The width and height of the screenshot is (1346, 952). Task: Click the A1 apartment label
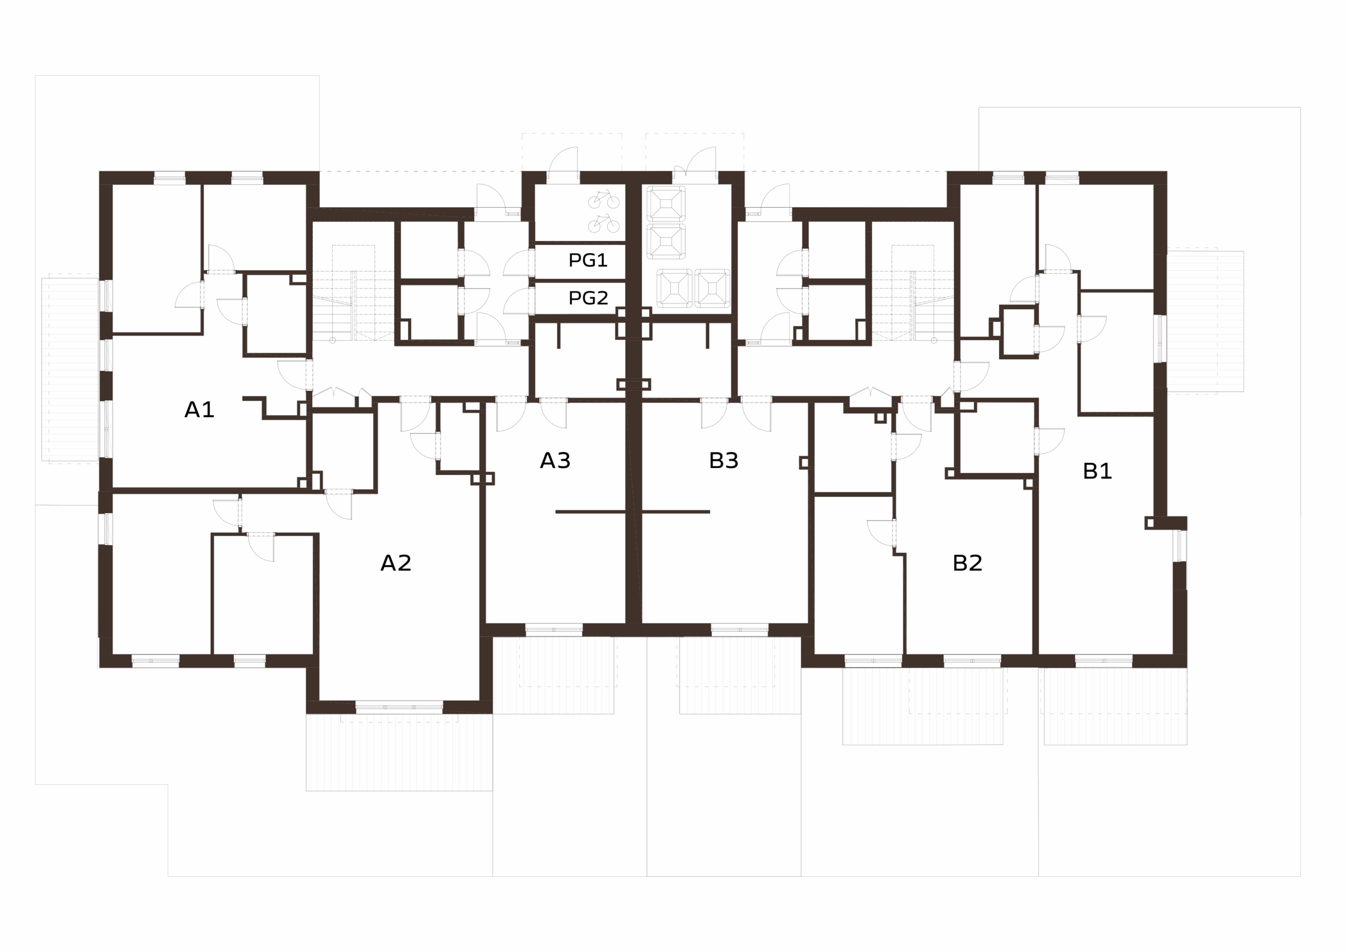tap(199, 409)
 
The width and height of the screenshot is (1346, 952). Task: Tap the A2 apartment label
tap(396, 563)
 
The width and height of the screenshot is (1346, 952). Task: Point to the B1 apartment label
tap(1097, 471)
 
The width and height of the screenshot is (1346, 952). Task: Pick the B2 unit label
tap(967, 563)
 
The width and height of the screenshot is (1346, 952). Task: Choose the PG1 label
tap(588, 260)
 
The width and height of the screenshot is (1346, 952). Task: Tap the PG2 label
tap(588, 298)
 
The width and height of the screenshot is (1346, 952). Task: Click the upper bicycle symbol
tap(604, 199)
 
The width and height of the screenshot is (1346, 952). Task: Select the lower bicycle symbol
tap(604, 224)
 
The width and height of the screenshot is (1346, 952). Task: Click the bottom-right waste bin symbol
tap(712, 288)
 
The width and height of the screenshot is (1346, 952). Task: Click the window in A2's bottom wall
tap(399, 707)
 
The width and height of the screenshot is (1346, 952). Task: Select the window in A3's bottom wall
tap(554, 630)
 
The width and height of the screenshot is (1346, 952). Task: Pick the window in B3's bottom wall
tap(739, 630)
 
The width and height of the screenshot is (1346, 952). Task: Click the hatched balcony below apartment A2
tap(399, 752)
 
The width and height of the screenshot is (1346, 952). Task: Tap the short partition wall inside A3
tap(590, 512)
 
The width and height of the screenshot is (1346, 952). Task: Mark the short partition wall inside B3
tap(676, 512)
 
